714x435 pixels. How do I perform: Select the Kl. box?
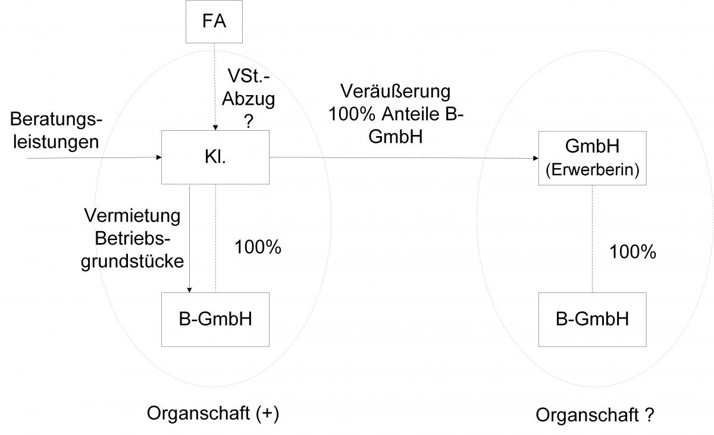tap(215, 158)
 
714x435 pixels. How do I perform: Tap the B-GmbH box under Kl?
tap(215, 319)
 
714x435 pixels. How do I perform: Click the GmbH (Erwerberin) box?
tap(592, 158)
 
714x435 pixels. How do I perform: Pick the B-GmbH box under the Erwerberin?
tap(592, 319)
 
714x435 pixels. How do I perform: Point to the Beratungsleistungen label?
tap(56, 131)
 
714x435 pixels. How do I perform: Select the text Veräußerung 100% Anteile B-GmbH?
tap(396, 114)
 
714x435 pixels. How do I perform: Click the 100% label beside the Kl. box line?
tap(258, 248)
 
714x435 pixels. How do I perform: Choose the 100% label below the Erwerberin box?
tap(632, 252)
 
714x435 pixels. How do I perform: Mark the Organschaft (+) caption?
tap(212, 413)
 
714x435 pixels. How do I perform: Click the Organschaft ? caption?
tap(595, 415)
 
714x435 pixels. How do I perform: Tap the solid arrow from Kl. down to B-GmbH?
tap(189, 238)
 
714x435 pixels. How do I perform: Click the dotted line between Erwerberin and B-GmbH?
tap(592, 238)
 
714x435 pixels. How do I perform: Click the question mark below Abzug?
tap(249, 119)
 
